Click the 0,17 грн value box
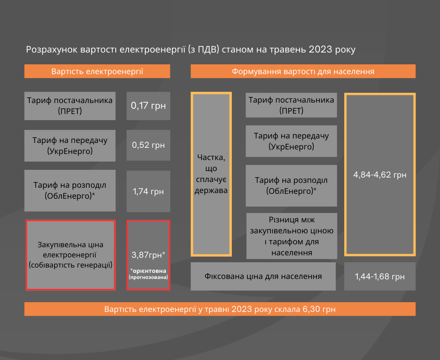point(148,106)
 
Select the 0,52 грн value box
point(148,145)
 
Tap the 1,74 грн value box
point(148,191)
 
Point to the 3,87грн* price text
point(148,255)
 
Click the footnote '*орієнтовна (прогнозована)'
point(148,274)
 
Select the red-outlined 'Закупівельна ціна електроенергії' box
point(70,255)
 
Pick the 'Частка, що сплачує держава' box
point(211,174)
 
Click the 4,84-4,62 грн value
point(380,175)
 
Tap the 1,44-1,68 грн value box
point(380,277)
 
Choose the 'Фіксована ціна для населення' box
point(263,277)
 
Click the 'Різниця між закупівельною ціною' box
point(292,236)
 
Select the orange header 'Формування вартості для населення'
point(303,71)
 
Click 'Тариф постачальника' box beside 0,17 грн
point(70,106)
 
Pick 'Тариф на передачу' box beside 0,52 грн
point(70,146)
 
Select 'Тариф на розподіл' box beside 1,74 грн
point(70,191)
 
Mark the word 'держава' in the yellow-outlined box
point(211,191)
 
